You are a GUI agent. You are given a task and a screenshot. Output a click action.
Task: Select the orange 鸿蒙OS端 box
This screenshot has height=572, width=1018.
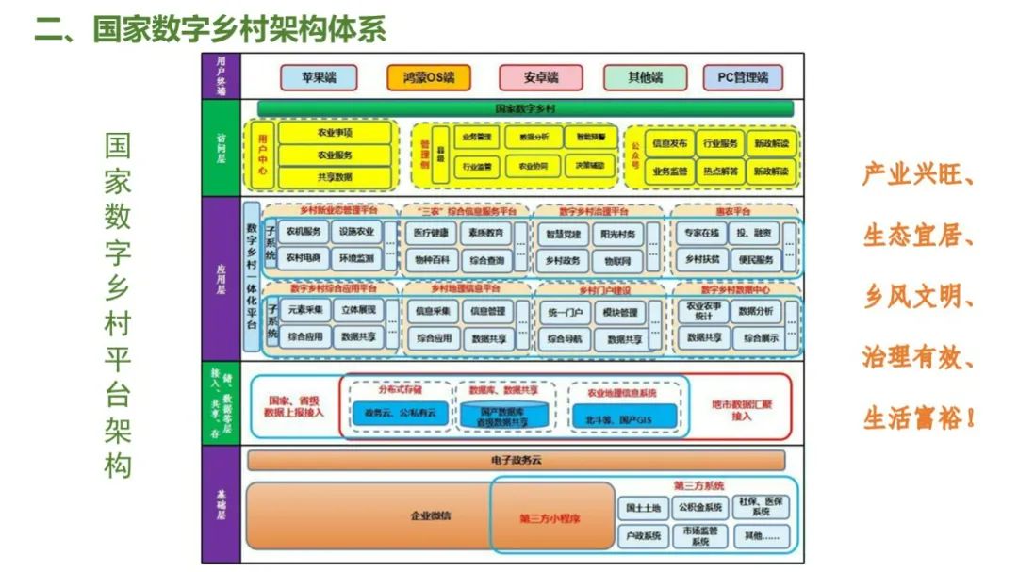(x=428, y=76)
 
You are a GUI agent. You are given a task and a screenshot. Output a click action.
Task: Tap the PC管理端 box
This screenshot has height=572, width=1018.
(x=743, y=76)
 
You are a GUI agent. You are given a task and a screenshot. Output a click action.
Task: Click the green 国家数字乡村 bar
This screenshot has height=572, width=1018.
(x=525, y=108)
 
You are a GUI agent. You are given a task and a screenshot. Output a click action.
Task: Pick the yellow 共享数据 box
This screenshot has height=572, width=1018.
(x=335, y=176)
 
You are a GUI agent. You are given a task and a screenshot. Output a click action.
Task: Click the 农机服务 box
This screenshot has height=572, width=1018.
(x=304, y=233)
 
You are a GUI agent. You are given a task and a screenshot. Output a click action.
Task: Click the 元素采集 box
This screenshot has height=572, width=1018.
(x=304, y=310)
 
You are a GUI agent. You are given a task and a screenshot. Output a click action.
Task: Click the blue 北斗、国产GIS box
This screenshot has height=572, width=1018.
(x=625, y=416)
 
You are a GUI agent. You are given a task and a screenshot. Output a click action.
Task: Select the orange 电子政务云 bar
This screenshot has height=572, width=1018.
(x=515, y=460)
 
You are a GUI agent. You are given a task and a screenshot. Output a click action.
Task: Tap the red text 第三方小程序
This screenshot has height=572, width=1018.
(x=550, y=518)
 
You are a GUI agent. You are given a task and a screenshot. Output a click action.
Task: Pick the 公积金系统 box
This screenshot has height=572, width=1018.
(x=700, y=508)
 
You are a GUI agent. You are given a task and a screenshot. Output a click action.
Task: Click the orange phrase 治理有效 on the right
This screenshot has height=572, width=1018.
(x=918, y=358)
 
